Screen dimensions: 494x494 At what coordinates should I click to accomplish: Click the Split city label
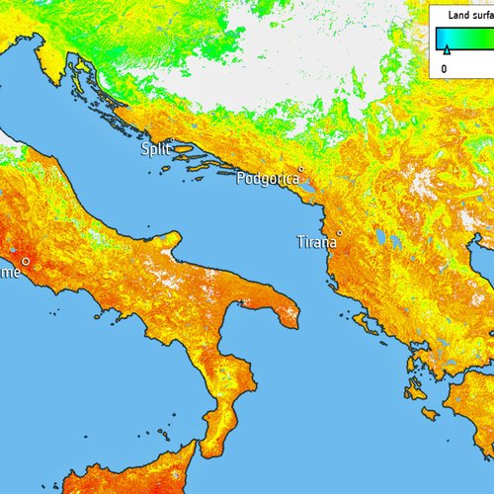[154, 148]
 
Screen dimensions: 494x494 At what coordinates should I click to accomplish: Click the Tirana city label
[315, 241]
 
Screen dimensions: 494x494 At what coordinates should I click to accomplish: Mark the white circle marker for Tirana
[339, 233]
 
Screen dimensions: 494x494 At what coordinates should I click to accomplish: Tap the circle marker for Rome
[26, 261]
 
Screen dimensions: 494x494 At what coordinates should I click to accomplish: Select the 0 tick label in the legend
[444, 68]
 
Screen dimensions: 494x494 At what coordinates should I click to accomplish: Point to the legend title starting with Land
[470, 16]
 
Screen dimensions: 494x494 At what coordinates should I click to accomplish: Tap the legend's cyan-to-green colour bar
[464, 37]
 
